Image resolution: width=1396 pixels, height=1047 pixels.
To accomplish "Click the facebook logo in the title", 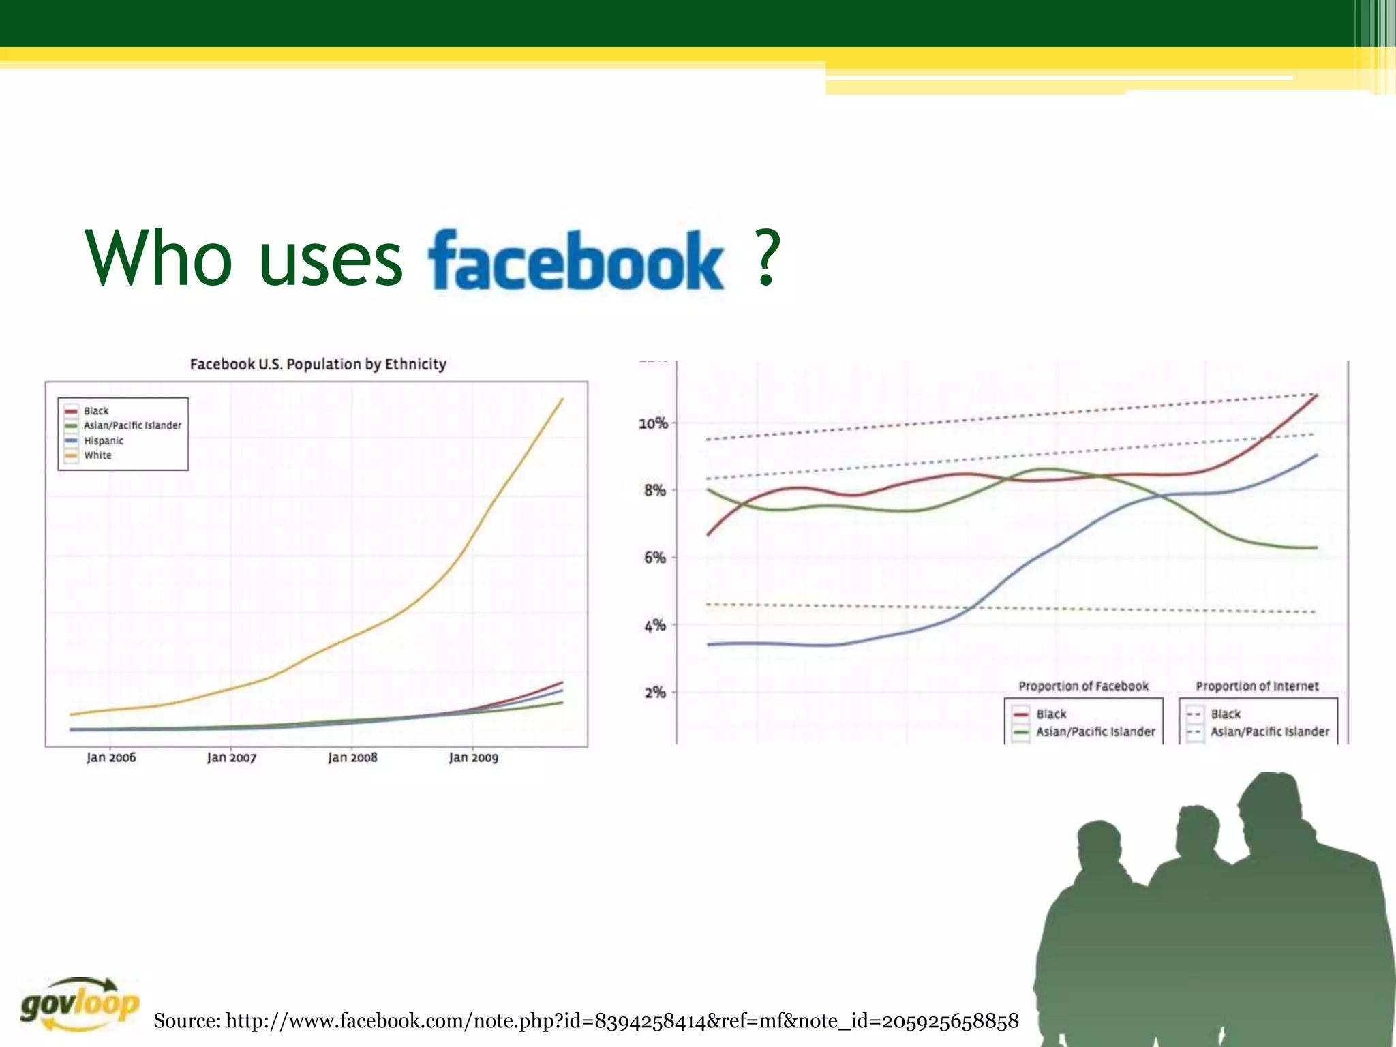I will click(x=576, y=260).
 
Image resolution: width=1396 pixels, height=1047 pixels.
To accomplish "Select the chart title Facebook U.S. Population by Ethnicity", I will click(x=318, y=364).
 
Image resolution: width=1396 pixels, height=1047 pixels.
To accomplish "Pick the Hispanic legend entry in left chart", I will click(x=103, y=441).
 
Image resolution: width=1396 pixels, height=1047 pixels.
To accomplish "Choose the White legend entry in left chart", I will click(x=97, y=455).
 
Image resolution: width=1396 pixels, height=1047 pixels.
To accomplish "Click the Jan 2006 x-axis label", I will click(x=111, y=757).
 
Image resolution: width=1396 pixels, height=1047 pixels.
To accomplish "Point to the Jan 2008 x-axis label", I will click(x=352, y=757).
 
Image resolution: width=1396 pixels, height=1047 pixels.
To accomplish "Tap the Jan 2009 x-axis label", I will click(x=473, y=757).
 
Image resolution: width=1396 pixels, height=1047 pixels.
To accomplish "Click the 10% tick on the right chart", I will click(x=653, y=423).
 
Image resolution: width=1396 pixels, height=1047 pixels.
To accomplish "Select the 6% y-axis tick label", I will click(x=655, y=558).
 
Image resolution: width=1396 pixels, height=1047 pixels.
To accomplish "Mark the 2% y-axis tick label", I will click(x=655, y=693).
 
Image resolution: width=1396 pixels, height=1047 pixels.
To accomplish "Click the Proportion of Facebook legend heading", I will click(x=1083, y=686).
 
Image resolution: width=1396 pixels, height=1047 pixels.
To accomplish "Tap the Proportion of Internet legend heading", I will click(x=1257, y=686).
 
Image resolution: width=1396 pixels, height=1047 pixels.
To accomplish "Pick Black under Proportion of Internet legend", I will click(x=1226, y=714).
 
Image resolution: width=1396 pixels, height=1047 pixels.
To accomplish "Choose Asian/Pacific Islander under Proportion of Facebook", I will click(x=1095, y=731).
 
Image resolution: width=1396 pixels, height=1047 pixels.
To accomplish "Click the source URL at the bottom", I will click(x=586, y=1020).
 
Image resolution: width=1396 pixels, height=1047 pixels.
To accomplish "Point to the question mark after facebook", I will click(x=768, y=259).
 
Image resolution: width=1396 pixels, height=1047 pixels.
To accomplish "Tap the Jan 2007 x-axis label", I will click(x=232, y=757).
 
